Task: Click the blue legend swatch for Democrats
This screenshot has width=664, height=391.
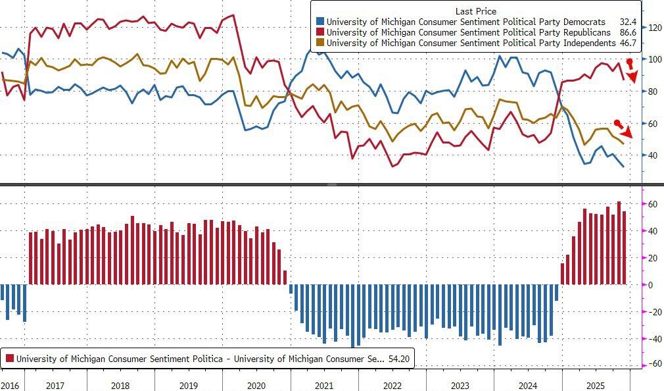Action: (x=320, y=22)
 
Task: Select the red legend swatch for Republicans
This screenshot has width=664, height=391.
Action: (x=320, y=32)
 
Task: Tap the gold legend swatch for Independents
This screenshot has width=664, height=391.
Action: (x=320, y=43)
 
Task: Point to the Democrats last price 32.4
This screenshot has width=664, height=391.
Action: (x=623, y=22)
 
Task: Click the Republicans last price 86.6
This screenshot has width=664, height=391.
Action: (x=623, y=32)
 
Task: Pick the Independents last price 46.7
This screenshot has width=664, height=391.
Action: (x=623, y=43)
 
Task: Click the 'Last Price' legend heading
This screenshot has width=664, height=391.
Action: (x=476, y=11)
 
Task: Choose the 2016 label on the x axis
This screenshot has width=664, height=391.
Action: (x=10, y=384)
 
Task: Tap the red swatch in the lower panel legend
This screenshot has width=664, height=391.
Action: (x=10, y=359)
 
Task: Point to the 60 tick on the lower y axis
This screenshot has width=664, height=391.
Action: (x=653, y=204)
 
